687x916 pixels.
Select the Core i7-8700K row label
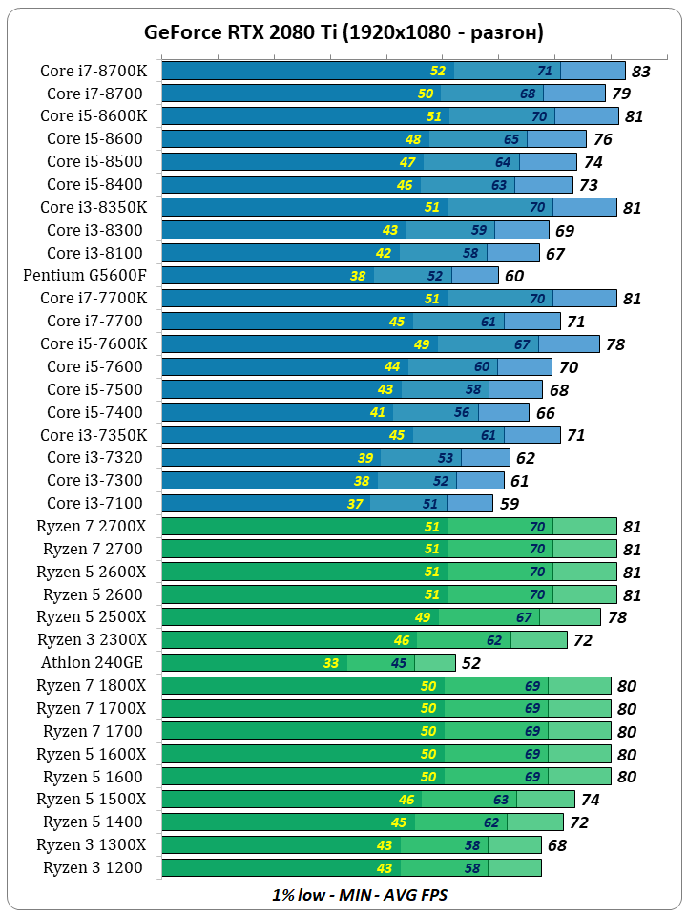(94, 71)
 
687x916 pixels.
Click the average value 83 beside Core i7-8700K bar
(640, 72)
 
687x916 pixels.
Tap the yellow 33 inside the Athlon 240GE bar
(331, 663)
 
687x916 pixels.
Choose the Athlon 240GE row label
(92, 662)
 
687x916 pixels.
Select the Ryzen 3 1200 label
(94, 867)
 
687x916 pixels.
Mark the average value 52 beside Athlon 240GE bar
(471, 663)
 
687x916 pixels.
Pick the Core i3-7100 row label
(95, 503)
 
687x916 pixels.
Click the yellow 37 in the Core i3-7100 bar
(355, 504)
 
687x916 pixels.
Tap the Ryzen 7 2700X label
(92, 526)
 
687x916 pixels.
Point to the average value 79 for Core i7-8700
(621, 94)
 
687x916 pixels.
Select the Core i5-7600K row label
(94, 343)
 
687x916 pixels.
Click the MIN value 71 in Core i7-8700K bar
(545, 71)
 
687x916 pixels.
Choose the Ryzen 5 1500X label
(92, 799)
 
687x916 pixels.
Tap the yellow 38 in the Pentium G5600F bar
(358, 276)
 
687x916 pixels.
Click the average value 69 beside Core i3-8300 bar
(564, 231)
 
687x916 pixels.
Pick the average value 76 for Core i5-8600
(602, 139)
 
